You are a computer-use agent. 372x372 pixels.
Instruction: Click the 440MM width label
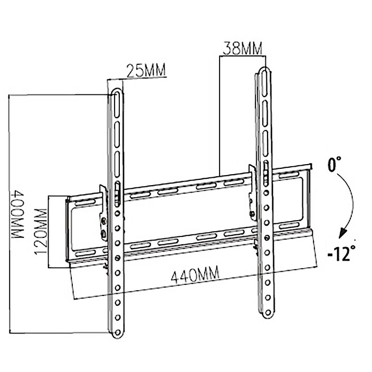coord(195,274)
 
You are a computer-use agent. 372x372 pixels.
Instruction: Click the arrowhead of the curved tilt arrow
coord(343,233)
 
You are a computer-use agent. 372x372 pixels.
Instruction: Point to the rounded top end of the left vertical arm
coord(117,95)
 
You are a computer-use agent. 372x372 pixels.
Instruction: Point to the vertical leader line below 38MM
coord(220,116)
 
